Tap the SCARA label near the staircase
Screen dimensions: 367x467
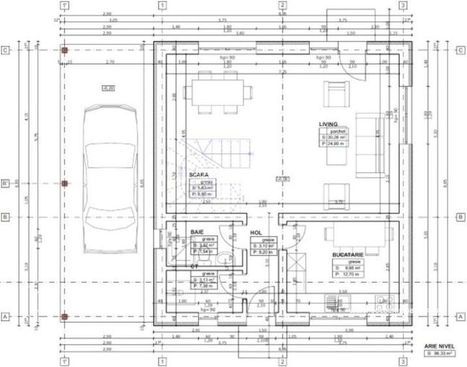199,175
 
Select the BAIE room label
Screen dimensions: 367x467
197,231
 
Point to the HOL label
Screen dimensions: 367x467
256,231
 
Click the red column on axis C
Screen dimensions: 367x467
64,50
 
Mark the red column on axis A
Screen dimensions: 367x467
64,317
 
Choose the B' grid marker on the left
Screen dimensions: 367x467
5,184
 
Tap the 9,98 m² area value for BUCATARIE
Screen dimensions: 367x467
345,267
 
